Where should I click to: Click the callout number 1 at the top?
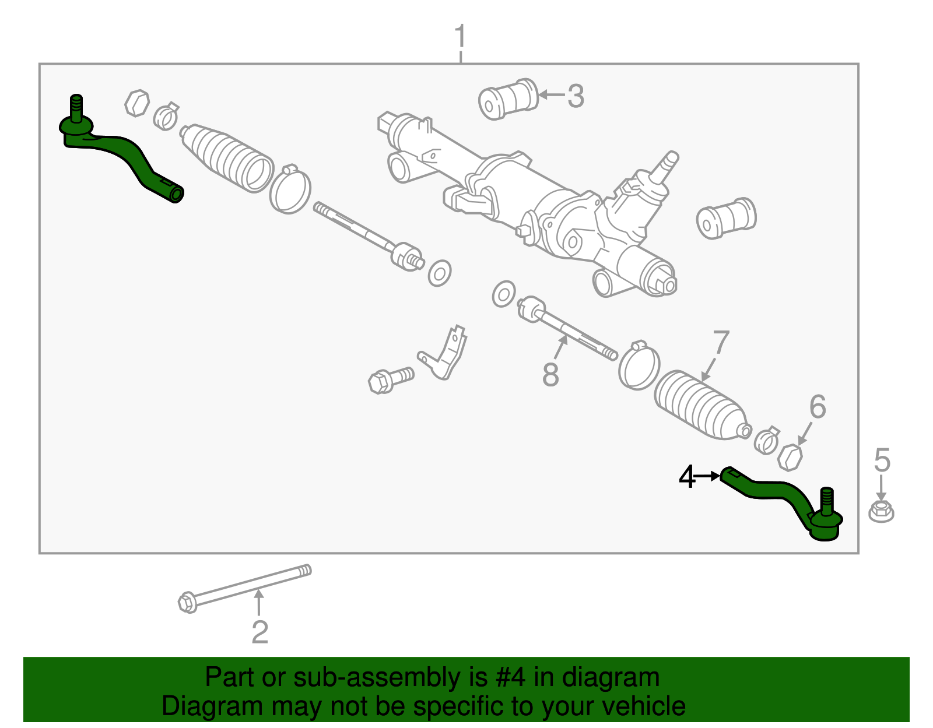coord(460,37)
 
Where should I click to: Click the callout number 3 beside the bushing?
coord(575,96)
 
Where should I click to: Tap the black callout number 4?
coord(687,477)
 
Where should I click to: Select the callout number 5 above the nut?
coord(882,460)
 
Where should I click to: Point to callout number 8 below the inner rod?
coord(550,375)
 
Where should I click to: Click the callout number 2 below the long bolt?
coord(259,632)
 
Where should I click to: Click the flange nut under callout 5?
coord(881,511)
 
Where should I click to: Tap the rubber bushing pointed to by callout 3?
coord(508,99)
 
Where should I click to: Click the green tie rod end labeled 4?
coord(781,498)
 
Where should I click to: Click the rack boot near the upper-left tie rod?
coord(227,157)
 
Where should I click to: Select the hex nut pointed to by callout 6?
coord(790,457)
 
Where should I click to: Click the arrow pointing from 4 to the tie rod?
coord(708,477)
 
